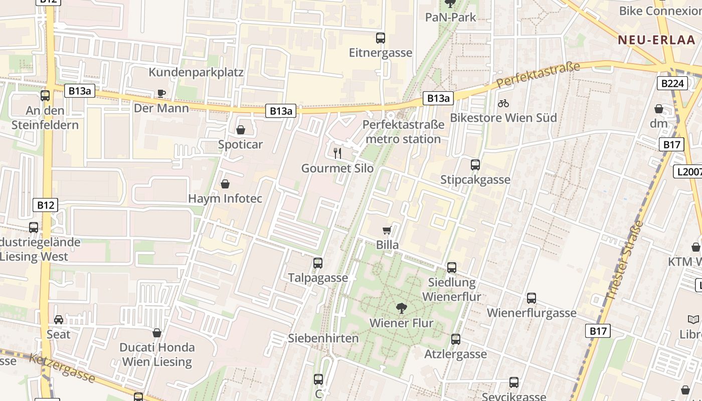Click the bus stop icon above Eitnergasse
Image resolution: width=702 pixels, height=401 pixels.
point(381,38)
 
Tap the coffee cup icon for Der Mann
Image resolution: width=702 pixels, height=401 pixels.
point(161,93)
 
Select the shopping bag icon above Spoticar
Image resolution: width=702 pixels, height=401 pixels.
point(241,130)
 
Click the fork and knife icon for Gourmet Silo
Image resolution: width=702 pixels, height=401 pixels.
point(337,153)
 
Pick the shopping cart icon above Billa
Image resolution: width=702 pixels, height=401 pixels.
point(387,230)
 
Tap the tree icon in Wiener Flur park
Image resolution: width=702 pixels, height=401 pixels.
point(401,308)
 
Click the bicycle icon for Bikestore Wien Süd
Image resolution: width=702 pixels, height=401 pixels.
point(503,103)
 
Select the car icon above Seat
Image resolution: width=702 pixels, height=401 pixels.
point(59,319)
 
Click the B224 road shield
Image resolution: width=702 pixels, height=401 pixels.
point(672,83)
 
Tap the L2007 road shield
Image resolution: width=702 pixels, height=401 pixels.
point(687,172)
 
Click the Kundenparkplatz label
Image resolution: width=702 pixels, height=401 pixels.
point(196,72)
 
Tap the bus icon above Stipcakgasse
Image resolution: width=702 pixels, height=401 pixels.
point(475,164)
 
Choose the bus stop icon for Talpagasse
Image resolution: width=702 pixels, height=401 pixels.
point(318,263)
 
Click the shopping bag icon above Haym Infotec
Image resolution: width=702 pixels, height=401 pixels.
point(225,184)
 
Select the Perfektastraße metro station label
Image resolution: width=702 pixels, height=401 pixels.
point(403,132)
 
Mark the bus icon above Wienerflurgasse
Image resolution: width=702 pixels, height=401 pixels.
point(532,298)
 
